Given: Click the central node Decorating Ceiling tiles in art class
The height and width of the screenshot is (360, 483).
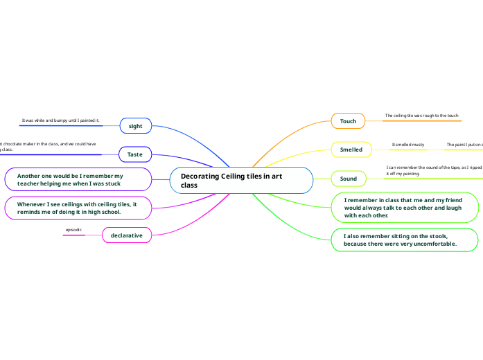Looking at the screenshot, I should [240, 180].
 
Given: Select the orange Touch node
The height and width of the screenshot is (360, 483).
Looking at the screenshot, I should [348, 121].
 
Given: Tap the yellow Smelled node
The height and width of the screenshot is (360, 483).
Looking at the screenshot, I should [351, 149].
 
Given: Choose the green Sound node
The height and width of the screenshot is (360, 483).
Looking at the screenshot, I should [349, 179].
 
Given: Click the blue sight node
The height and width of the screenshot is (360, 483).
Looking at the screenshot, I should [136, 126].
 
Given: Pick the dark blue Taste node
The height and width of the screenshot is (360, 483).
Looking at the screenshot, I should [135, 154].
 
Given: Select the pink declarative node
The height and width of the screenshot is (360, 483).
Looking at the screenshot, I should [127, 235].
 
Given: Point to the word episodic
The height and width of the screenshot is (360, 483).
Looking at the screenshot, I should [73, 228].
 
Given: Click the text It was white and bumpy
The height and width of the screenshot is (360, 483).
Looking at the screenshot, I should [61, 120].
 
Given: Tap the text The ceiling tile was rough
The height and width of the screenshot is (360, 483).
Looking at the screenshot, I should [421, 116].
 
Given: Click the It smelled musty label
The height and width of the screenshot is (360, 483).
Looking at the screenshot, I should [408, 145].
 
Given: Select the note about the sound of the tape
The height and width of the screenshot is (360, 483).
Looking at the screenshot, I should [434, 170].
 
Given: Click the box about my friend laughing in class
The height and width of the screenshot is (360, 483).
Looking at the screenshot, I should [404, 207].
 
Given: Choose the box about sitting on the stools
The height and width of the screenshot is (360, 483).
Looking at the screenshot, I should [404, 240].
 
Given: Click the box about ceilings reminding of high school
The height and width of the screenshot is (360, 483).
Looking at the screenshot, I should [78, 208].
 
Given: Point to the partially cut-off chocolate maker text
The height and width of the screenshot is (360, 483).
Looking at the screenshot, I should [49, 147].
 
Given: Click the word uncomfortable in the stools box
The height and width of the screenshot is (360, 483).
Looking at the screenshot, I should [431, 244].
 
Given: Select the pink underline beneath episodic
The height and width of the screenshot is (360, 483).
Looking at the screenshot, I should [73, 235].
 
